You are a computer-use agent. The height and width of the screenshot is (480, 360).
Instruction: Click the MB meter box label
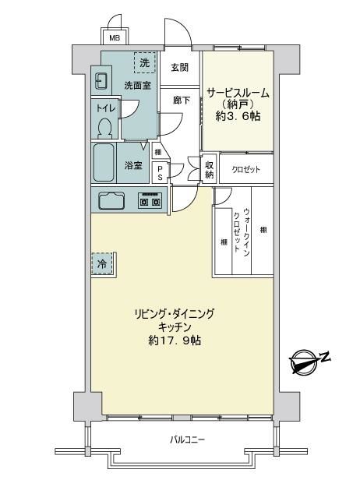(x=115, y=38)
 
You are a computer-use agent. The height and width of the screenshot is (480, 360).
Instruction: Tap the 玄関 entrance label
(x=180, y=68)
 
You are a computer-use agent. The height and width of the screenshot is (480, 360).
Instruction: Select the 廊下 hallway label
(x=182, y=101)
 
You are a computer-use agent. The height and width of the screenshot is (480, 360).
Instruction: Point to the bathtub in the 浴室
(x=104, y=163)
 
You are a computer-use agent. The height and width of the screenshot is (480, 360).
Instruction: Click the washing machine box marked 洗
(x=145, y=62)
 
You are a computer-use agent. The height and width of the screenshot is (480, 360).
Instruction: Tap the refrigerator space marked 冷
(x=102, y=263)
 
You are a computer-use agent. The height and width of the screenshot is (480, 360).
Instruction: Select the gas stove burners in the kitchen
(x=150, y=200)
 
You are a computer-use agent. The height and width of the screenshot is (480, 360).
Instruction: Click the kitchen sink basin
(x=111, y=201)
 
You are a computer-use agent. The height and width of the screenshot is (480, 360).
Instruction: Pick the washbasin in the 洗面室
(x=100, y=80)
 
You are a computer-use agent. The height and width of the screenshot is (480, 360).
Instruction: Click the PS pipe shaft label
(x=160, y=173)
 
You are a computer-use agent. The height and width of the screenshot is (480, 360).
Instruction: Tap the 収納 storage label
(x=209, y=170)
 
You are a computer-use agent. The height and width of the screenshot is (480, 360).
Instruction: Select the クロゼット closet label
(x=246, y=169)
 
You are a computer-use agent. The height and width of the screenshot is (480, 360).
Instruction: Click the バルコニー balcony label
(x=187, y=440)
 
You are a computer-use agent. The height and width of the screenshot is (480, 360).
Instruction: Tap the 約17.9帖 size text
(x=175, y=340)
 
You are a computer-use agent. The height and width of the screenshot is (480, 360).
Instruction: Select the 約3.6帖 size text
(x=238, y=115)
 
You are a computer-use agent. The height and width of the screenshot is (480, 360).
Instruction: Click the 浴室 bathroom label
(x=133, y=166)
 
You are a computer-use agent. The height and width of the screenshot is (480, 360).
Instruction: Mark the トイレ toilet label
(x=106, y=108)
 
